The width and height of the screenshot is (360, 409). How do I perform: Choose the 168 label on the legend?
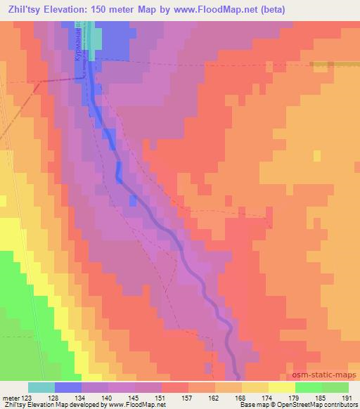coord(240,397)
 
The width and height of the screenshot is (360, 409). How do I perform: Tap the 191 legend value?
coord(346,397)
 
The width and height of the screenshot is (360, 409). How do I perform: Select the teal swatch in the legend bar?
coord(41,387)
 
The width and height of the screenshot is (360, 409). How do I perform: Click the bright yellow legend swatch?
coord(281,387)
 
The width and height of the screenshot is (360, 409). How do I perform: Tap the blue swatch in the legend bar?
coord(68,387)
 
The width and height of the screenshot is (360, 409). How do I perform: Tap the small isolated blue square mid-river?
coord(133,201)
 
